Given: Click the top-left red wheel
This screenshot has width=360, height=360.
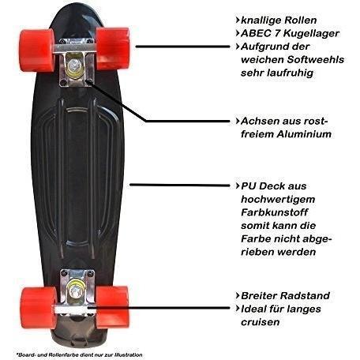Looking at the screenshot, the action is [x=37, y=51].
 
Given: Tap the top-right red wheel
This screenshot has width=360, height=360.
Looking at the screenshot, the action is [x=113, y=48].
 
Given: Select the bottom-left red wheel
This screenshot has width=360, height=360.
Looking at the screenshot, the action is [x=38, y=308].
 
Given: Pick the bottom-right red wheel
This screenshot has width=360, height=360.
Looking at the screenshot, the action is [x=113, y=307].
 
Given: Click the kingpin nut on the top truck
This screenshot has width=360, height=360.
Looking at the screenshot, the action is [x=73, y=64].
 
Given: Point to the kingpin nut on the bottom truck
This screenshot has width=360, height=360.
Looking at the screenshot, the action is [x=75, y=291].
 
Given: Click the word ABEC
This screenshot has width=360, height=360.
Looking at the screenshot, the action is [x=254, y=33].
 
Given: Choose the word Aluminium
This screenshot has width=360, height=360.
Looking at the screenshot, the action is [x=303, y=134].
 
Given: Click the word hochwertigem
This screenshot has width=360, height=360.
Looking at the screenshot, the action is [x=278, y=200].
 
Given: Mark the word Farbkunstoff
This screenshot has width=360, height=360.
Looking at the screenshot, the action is [x=274, y=212].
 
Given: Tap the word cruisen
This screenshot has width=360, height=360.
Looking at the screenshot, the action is [x=260, y=322].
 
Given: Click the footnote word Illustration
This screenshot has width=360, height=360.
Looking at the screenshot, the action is [x=129, y=355].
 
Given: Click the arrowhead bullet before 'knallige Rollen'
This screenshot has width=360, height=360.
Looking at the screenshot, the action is [x=238, y=20].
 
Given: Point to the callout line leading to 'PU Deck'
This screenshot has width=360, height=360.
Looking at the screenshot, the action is [x=180, y=186].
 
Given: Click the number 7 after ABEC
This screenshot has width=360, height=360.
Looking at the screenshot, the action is [x=276, y=33].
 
